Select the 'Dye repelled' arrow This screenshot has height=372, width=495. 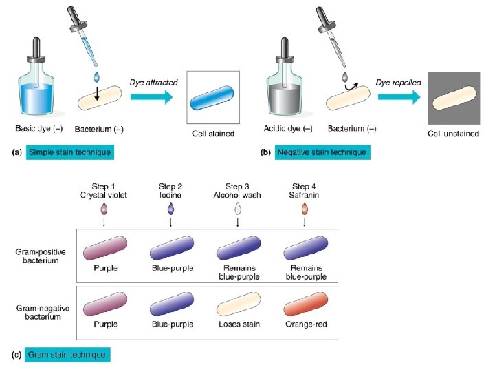[398, 97]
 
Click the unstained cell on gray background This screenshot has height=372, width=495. [453, 99]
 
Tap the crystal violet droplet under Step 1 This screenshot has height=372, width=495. [104, 209]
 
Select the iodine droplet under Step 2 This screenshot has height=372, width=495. [170, 209]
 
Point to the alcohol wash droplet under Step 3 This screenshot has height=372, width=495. [238, 209]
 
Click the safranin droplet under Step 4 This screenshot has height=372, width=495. [305, 209]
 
